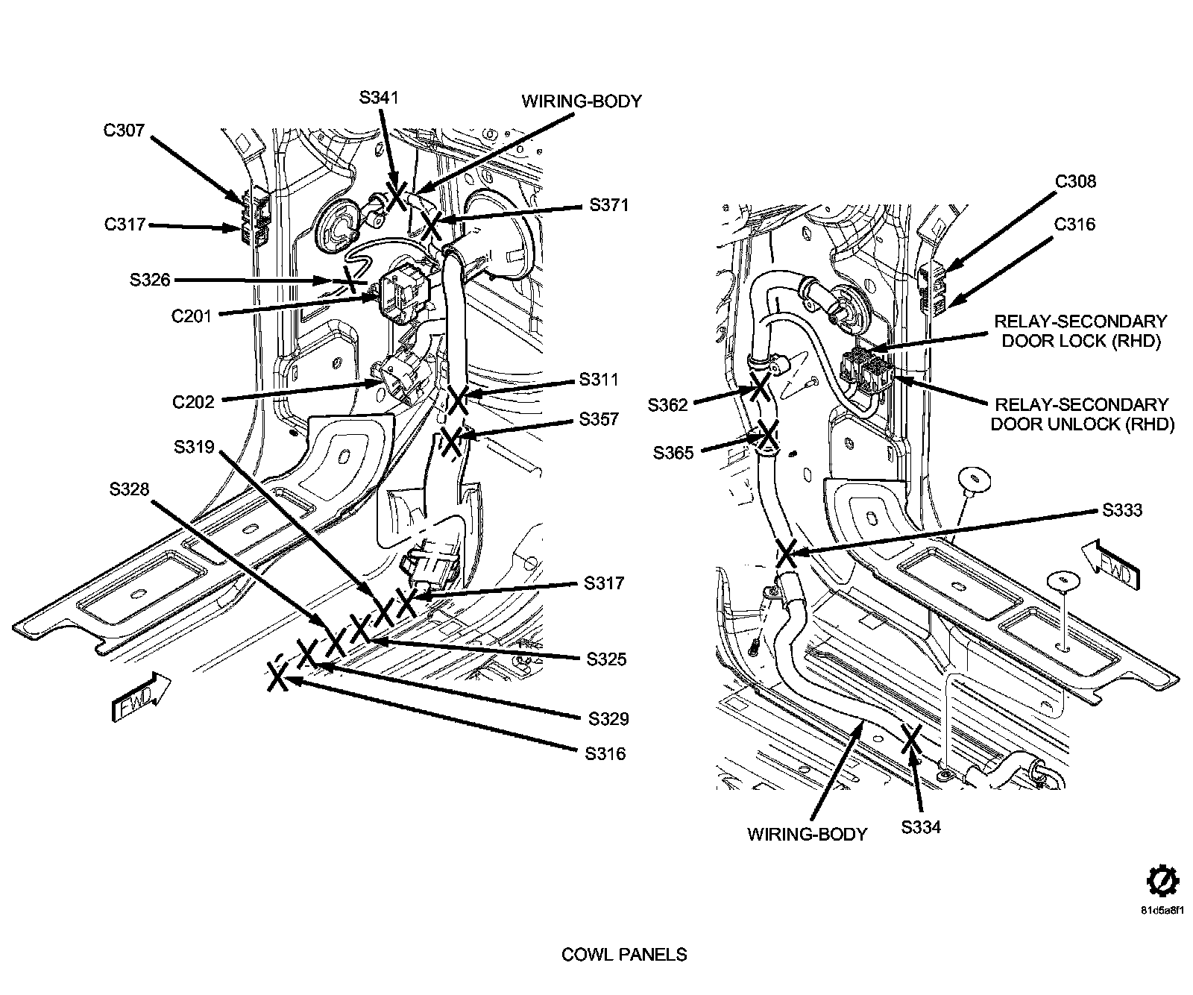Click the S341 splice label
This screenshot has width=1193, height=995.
click(x=379, y=98)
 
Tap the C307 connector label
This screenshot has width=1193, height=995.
click(x=124, y=131)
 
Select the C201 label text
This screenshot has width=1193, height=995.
click(x=192, y=316)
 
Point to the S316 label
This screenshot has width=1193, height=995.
click(x=605, y=754)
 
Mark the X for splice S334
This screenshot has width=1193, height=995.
click(x=911, y=738)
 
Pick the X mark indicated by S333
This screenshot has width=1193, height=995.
click(x=787, y=553)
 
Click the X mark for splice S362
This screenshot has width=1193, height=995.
click(x=760, y=387)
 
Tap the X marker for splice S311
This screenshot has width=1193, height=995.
click(x=457, y=400)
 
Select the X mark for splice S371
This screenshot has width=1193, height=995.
click(x=431, y=225)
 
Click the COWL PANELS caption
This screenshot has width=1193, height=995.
click(x=624, y=955)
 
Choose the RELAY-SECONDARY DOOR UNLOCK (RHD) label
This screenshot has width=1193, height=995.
click(x=1081, y=415)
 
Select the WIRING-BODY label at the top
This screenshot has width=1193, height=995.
click(x=581, y=101)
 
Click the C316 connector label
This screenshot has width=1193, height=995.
click(x=1074, y=225)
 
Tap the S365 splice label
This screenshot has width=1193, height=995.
click(x=673, y=453)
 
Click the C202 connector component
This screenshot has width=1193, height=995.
click(x=399, y=377)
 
